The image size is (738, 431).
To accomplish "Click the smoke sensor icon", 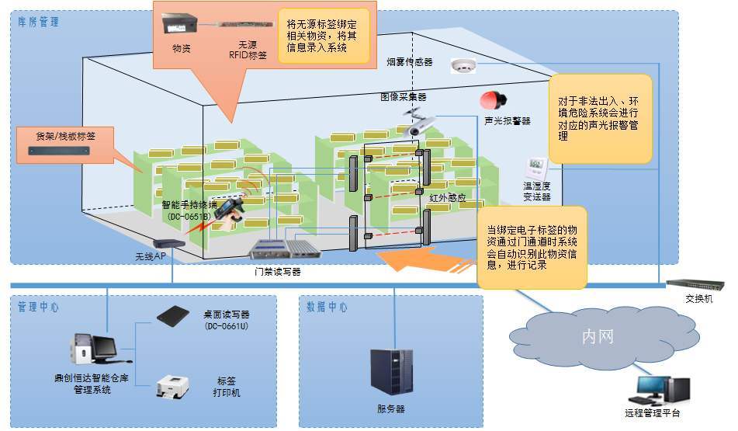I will pos(463,68).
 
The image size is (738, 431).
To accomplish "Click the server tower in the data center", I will pos(391,374).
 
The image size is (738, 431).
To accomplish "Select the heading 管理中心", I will pos(39,307).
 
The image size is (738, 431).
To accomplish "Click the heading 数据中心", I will pos(327,307).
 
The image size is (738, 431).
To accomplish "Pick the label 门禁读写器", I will pos(277,272).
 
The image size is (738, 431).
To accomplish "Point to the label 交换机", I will pos(698,300).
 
